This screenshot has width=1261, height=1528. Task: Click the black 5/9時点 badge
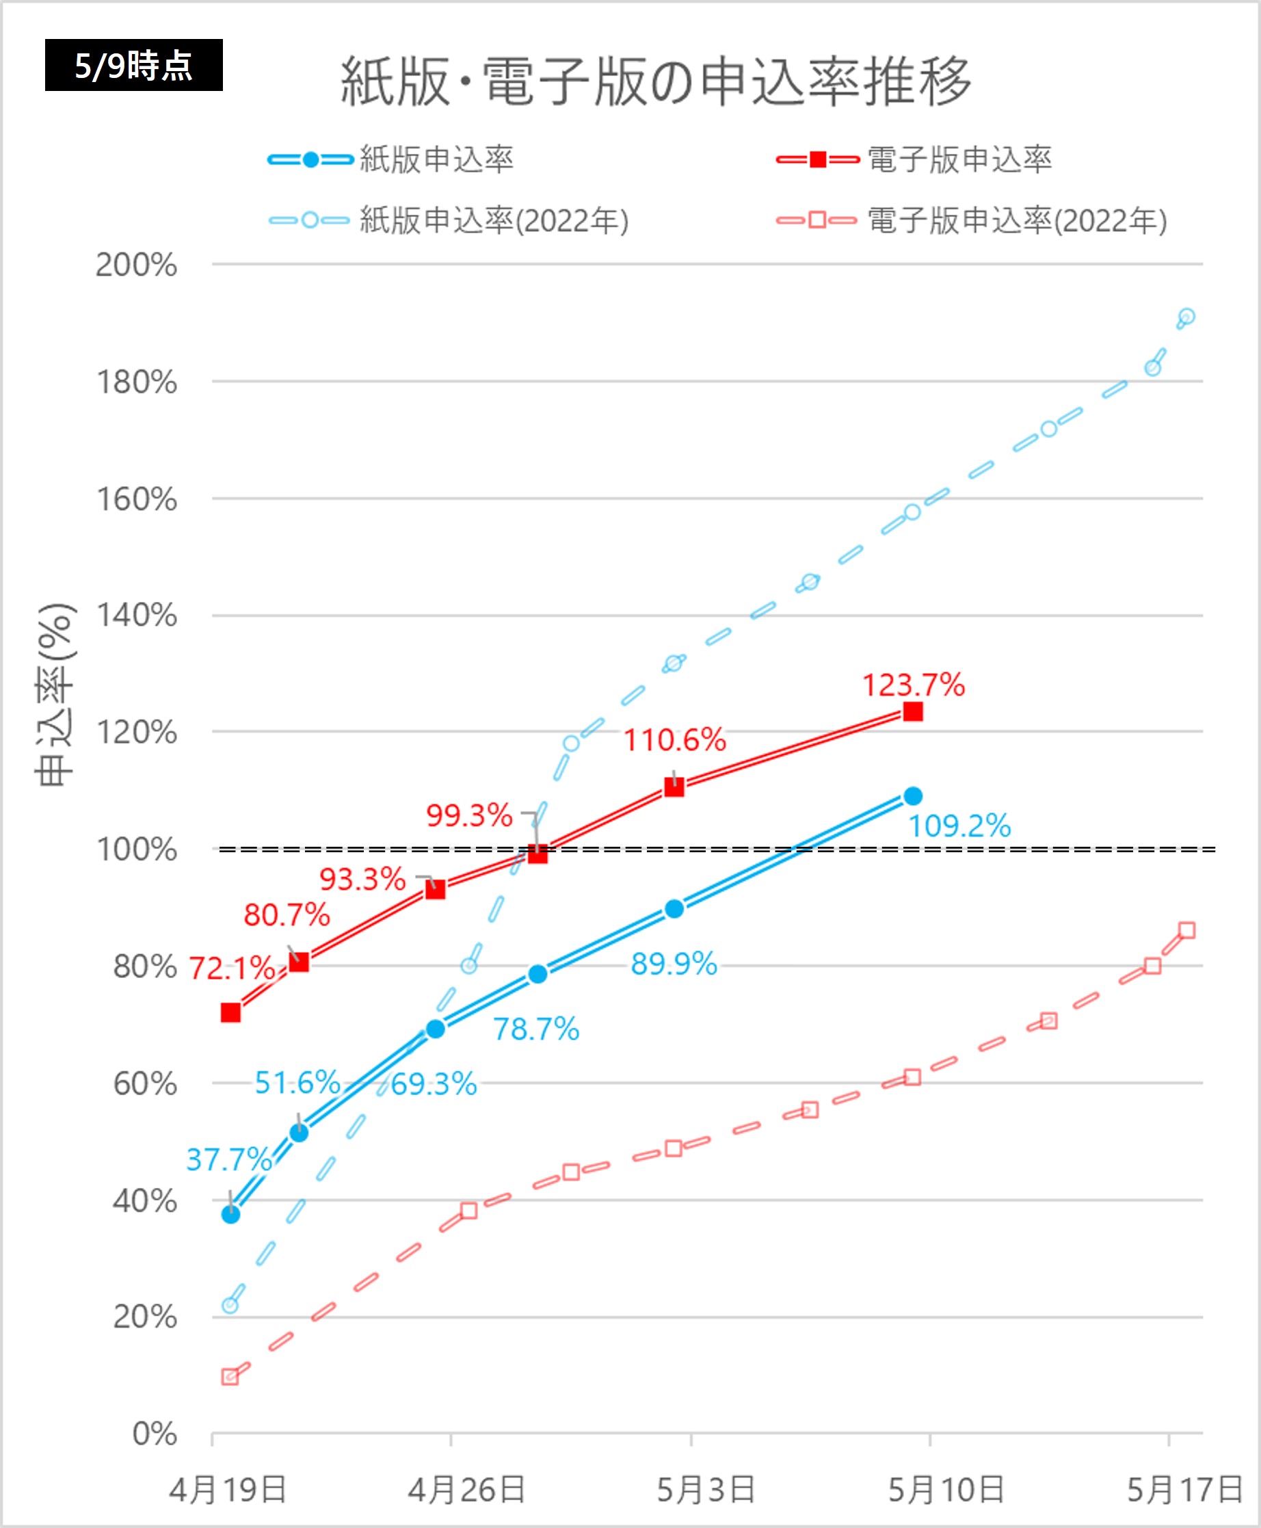pos(133,66)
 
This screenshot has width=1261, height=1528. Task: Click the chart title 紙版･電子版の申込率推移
pos(655,81)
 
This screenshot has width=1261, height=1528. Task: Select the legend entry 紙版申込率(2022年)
pos(494,221)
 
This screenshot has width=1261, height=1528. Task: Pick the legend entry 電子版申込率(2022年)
pos(1017,221)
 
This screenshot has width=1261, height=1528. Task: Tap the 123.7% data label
pos(913,685)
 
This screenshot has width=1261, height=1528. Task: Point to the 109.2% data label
pos(959,826)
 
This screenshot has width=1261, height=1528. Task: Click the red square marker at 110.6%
pos(674,787)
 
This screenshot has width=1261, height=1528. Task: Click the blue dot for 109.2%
pos(913,796)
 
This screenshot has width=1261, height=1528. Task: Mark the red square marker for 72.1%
pos(231,1013)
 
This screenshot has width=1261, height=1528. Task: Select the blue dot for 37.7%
pos(231,1214)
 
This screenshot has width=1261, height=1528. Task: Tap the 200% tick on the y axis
pos(137,265)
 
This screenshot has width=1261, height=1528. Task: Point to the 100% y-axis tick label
pos(137,849)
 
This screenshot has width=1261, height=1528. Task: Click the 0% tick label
pos(155,1434)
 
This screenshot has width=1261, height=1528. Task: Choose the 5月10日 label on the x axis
pos(946,1490)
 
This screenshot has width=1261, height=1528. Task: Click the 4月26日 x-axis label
pos(466,1490)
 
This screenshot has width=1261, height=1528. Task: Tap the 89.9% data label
pos(674,964)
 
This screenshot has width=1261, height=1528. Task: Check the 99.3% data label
pos(469,815)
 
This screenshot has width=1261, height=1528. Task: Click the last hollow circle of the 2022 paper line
pos(1186,317)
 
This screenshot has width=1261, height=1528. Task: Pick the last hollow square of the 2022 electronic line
pos(1187,930)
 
